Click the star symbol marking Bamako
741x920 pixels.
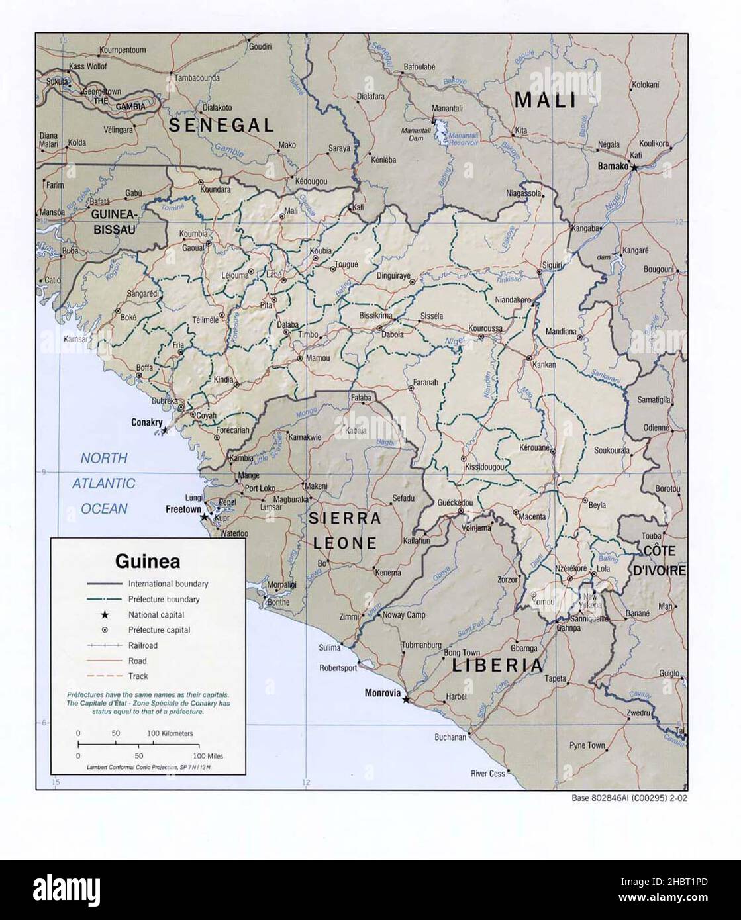pyautogui.click(x=634, y=168)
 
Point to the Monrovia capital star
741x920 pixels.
pyautogui.click(x=406, y=699)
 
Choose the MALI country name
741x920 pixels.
pyautogui.click(x=545, y=101)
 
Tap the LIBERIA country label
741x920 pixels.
pyautogui.click(x=497, y=665)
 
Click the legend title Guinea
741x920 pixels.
pyautogui.click(x=148, y=561)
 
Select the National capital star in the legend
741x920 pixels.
pyautogui.click(x=105, y=615)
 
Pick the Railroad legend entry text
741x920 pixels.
pyautogui.click(x=143, y=645)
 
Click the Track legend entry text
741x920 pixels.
pyautogui.click(x=138, y=676)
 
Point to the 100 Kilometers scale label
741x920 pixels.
pyautogui.click(x=170, y=733)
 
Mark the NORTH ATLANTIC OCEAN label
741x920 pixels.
pyautogui.click(x=103, y=483)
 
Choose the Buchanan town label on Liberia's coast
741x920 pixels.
pyautogui.click(x=450, y=737)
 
